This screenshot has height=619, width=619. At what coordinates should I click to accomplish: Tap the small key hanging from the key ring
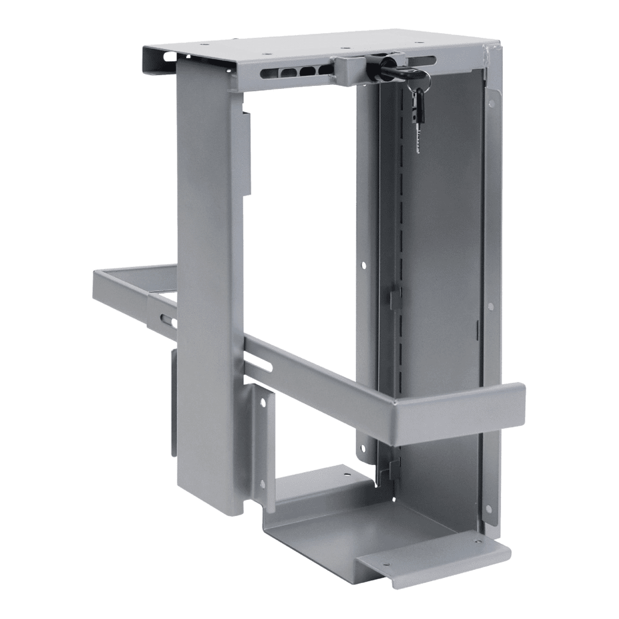coord(419,119)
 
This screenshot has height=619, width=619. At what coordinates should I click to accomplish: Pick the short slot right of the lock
coord(422,60)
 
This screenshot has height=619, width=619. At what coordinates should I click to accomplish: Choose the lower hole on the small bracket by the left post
coord(261,483)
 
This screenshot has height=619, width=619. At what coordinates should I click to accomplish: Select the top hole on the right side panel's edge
coord(492,104)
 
